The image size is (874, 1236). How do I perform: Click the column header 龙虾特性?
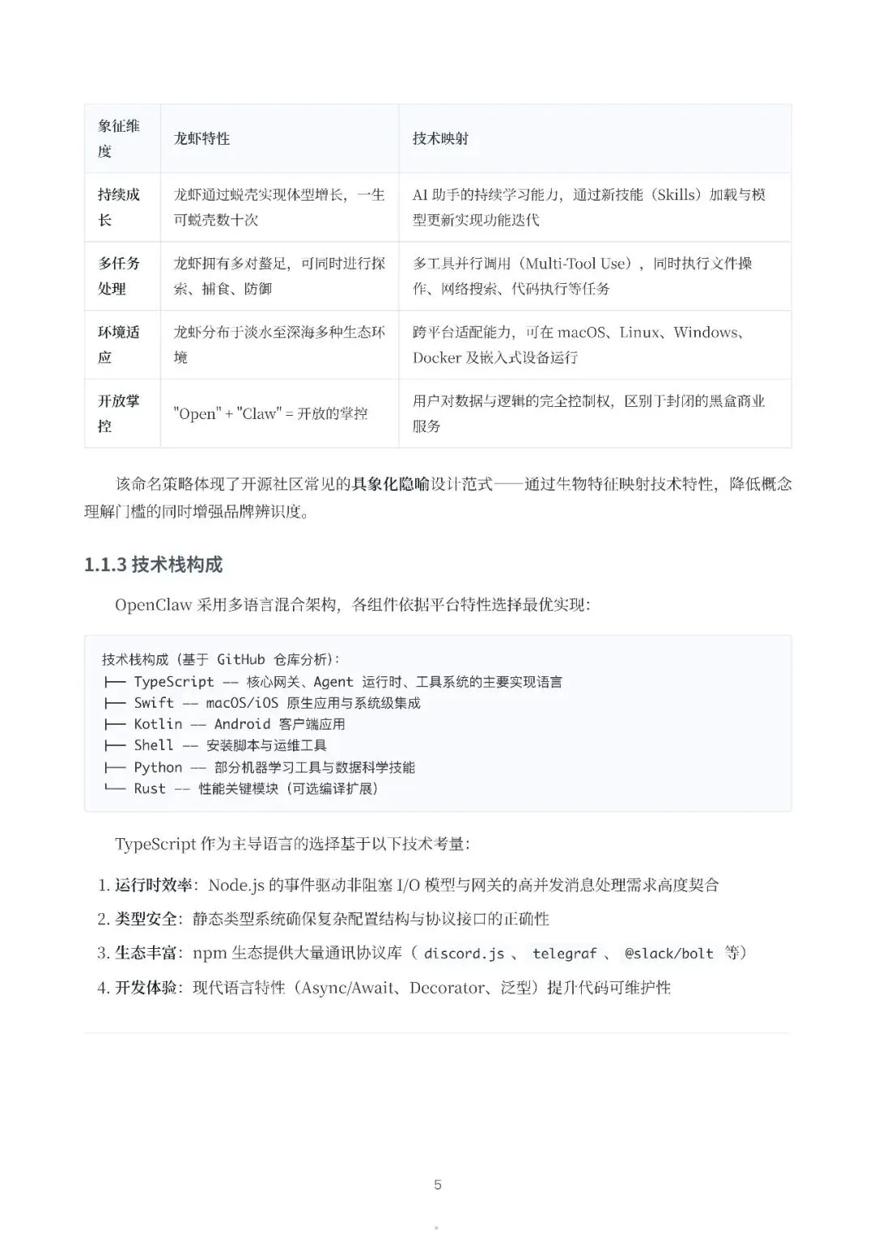(202, 138)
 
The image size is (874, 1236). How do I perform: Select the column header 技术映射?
(440, 138)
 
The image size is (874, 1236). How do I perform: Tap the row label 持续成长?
(118, 207)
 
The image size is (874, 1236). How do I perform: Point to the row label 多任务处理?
(118, 276)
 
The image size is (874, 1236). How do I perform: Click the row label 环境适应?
(118, 345)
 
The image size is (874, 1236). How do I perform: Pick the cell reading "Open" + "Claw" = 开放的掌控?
(270, 413)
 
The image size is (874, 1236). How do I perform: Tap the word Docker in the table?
(437, 358)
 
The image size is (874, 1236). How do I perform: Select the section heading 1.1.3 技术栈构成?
(153, 565)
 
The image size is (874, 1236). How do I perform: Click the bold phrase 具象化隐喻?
(390, 485)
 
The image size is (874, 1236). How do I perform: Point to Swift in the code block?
(154, 703)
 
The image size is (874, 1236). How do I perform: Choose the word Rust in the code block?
(150, 789)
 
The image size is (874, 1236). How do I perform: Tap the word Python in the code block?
(158, 767)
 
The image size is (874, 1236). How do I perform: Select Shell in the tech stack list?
(154, 745)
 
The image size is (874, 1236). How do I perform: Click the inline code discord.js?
(465, 954)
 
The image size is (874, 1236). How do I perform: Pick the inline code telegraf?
(564, 954)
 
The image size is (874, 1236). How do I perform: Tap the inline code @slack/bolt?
(668, 954)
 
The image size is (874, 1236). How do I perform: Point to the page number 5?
(438, 1185)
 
